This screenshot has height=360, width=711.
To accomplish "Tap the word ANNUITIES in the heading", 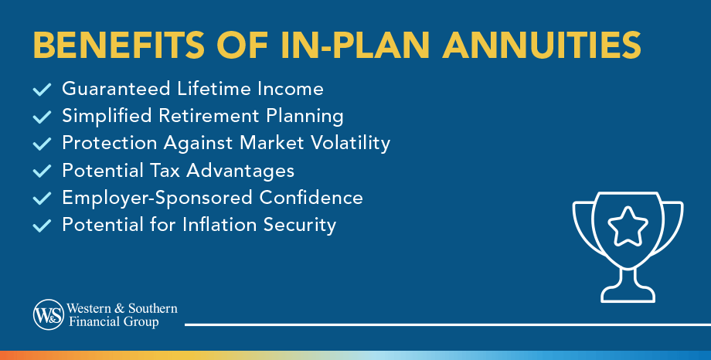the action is point(542,45).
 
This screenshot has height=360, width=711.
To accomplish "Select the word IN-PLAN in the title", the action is point(355,45).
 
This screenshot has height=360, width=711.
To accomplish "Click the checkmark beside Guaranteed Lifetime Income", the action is point(43,90).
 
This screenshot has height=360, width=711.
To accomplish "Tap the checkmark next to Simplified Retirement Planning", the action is point(43,117).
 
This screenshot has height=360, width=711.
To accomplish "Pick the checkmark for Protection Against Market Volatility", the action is point(43,144).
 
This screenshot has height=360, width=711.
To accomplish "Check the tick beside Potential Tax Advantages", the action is point(43,171).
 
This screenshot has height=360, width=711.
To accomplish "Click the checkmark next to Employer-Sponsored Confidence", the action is point(43,198).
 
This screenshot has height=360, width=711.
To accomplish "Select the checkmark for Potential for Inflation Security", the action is point(43,226).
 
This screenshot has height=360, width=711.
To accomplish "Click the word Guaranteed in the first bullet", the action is point(116,88).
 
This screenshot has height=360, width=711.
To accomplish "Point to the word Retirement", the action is point(209,116).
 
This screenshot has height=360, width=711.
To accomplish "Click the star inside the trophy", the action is point(628,226).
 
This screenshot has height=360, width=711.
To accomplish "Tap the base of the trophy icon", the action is point(628,294).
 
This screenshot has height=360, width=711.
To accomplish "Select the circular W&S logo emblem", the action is point(49,314).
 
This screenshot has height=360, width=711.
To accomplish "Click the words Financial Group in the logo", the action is point(114,322).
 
